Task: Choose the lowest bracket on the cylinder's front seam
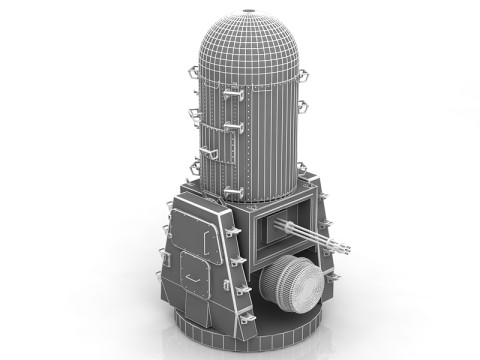[233, 190]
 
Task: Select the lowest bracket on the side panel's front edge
[242, 315]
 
